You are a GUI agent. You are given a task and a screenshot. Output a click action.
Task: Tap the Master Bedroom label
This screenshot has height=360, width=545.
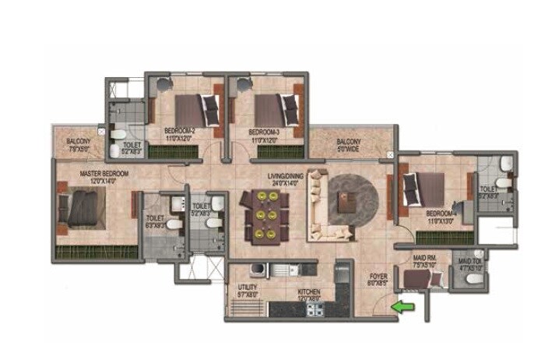click(104, 177)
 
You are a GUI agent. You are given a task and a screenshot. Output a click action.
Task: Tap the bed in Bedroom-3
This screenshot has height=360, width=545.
click(277, 108)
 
